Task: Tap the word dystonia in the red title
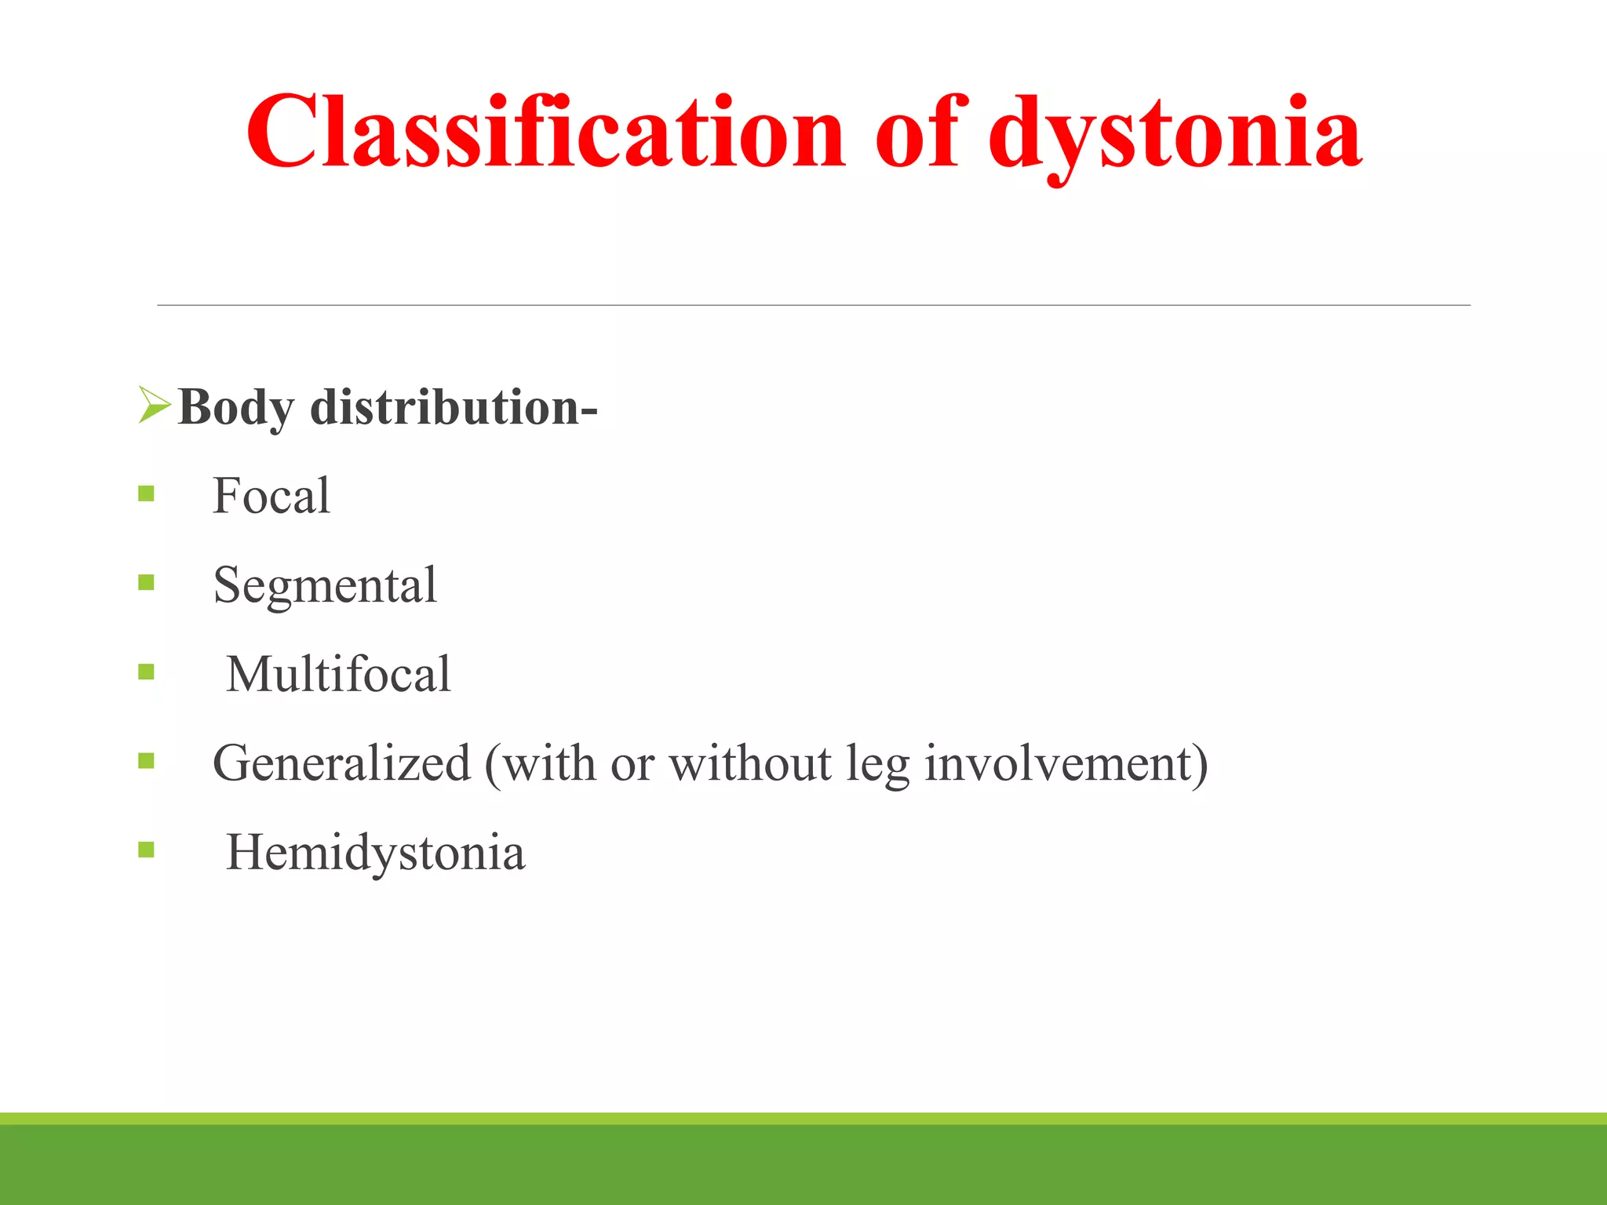1175,133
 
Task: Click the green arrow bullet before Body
154,405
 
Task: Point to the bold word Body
237,408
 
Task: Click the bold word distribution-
454,408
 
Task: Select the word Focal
271,496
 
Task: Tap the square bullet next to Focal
146,493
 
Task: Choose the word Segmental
325,585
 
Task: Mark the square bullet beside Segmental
146,582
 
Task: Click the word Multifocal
338,674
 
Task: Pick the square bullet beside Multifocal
146,672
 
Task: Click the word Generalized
341,763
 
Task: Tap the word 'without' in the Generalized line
749,763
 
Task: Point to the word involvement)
1066,763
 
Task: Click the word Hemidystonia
375,853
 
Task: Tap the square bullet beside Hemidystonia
146,850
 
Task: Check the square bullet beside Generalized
146,760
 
